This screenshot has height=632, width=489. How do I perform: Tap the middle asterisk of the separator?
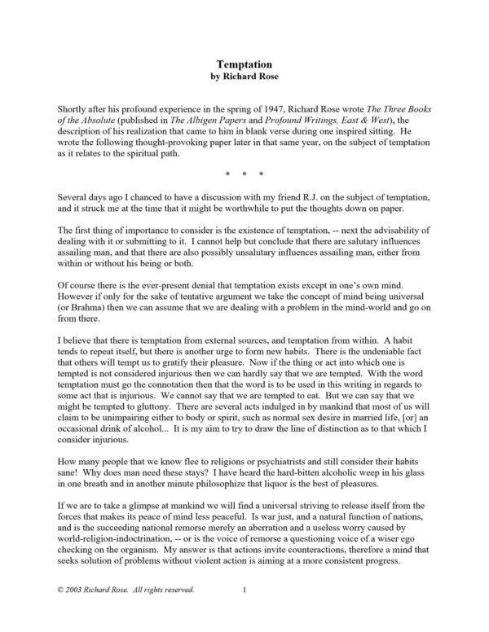point(244,174)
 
